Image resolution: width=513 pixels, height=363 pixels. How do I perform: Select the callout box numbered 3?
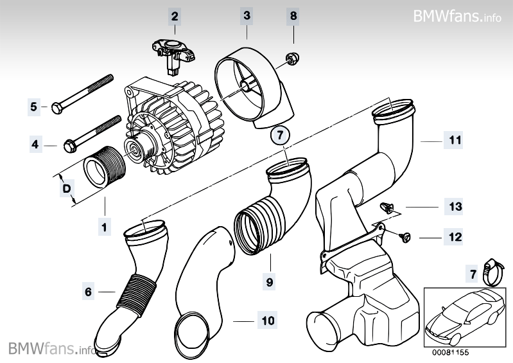(x=247, y=13)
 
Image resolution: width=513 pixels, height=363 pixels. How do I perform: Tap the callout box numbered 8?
(x=293, y=13)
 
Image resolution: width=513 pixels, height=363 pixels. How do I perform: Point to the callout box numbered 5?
(x=33, y=106)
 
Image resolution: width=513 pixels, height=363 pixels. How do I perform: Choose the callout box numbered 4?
(x=33, y=145)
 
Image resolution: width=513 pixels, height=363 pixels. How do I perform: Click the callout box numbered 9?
(x=270, y=280)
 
